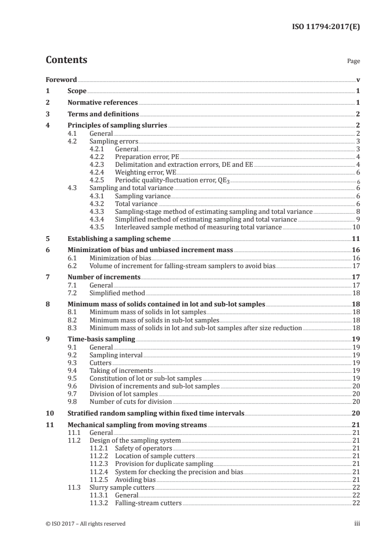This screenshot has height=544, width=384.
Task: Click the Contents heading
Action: [66, 60]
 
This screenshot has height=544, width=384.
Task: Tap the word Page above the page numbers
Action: [353, 62]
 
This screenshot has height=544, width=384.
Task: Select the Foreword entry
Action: [61, 80]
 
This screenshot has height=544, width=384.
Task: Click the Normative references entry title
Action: [103, 102]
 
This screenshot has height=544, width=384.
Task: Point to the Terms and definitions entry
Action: [103, 114]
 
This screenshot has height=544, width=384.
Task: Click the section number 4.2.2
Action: [99, 157]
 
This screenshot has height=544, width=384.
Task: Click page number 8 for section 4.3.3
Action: [357, 211]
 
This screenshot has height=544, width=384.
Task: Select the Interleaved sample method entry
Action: [198, 227]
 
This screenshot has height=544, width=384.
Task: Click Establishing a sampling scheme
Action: [119, 239]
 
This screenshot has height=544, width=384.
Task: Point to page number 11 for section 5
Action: [355, 239]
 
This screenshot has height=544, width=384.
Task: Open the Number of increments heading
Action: [104, 277]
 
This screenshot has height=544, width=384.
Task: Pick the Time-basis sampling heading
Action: [101, 339]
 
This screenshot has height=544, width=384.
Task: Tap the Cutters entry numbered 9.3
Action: [100, 362]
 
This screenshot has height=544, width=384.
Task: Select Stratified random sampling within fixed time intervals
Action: [155, 413]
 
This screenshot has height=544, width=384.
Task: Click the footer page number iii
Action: [357, 524]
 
